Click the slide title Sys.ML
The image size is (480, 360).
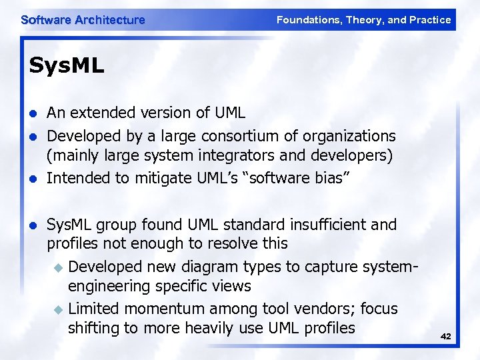67,67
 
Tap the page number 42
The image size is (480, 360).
445,337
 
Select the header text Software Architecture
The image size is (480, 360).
83,20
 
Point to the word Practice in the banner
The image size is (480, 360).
431,20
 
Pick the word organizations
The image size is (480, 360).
350,136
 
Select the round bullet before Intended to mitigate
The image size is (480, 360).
32,179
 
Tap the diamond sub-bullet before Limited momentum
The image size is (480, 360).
58,309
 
